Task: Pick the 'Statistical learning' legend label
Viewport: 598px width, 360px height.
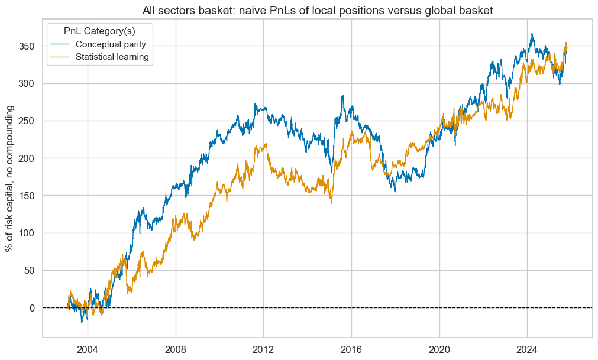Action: pos(112,57)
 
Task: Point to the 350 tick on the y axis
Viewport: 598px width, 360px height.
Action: pos(27,46)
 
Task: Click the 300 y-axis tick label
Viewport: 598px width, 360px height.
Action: pos(27,83)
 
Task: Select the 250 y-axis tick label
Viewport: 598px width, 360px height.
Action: pos(27,121)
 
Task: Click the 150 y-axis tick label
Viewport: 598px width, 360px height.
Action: pos(27,196)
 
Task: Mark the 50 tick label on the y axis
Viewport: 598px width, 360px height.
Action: pos(30,271)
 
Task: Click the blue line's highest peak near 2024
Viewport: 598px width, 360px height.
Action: pos(532,34)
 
